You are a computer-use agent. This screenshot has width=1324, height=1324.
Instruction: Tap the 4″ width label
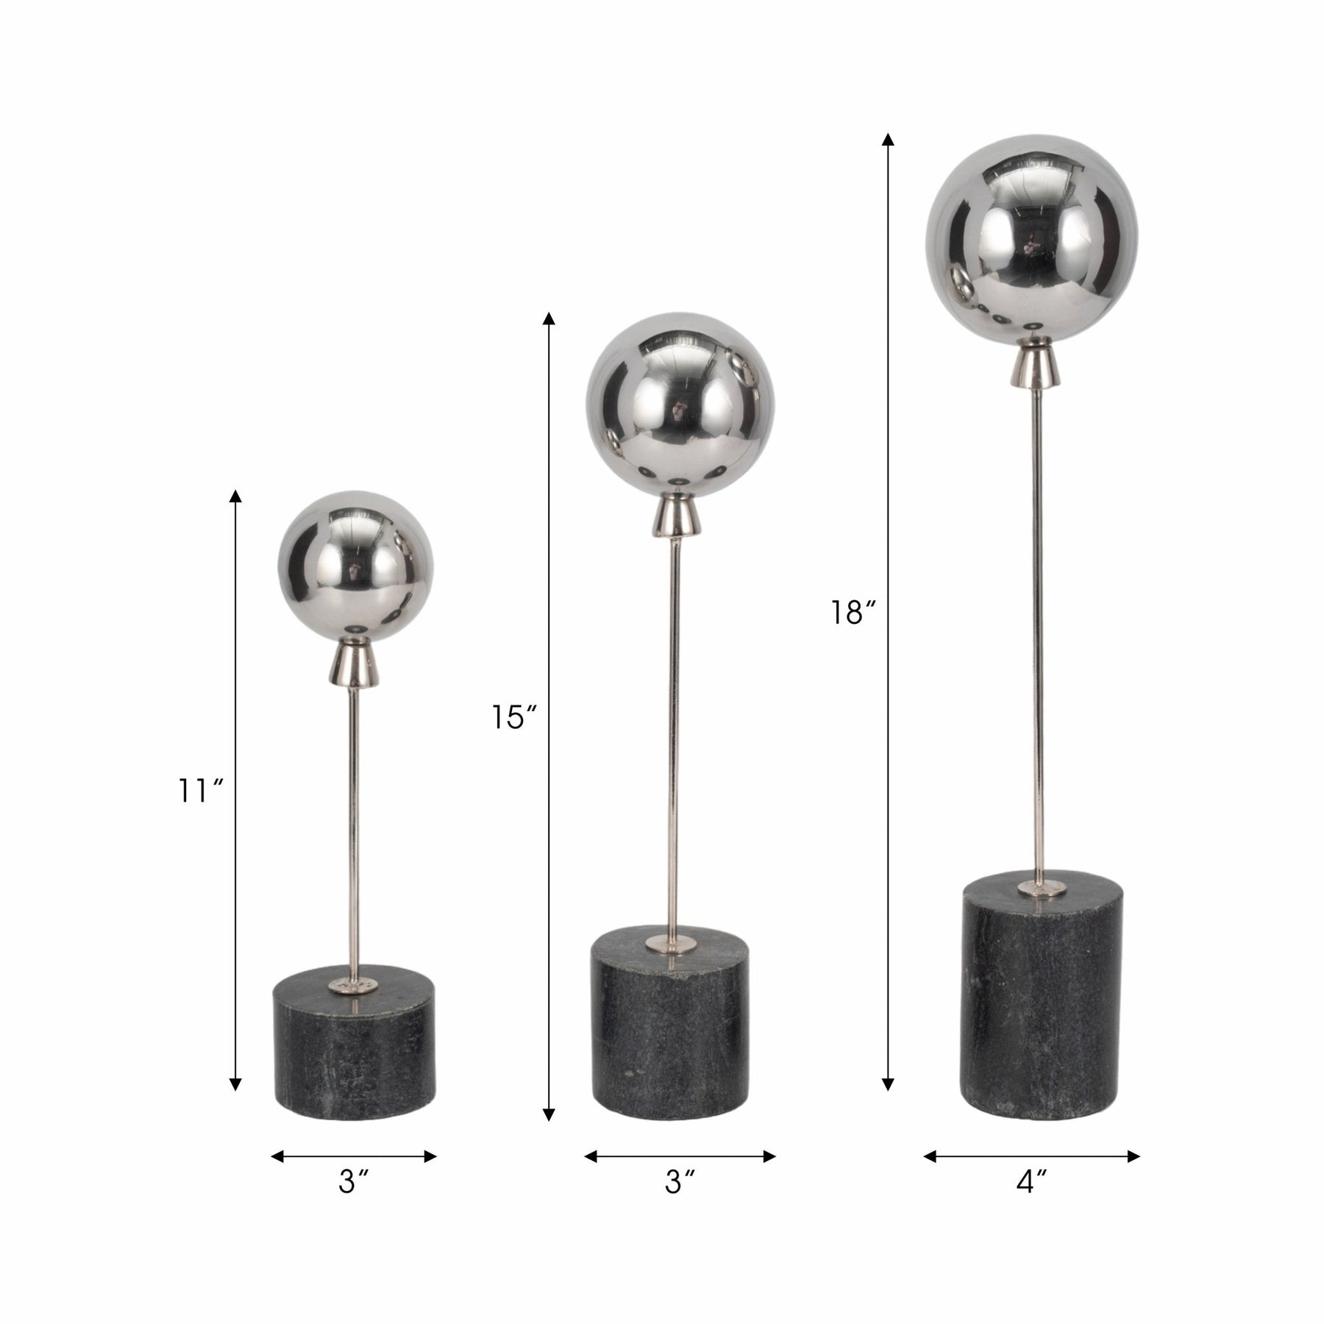pyautogui.click(x=1031, y=1203)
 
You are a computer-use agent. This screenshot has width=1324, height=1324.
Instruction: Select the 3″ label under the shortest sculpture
pyautogui.click(x=353, y=1203)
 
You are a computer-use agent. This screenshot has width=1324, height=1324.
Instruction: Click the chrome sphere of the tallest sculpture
pyautogui.click(x=1031, y=241)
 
